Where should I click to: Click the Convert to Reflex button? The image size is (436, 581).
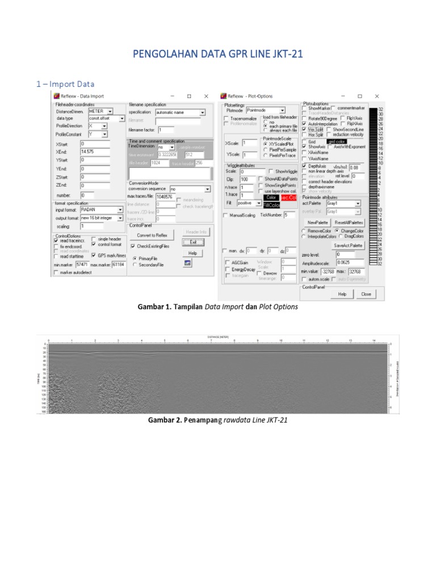point(152,235)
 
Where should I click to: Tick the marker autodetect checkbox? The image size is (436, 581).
point(56,272)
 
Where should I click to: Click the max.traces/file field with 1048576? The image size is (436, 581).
point(168,196)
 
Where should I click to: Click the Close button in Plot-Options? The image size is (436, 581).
point(366,294)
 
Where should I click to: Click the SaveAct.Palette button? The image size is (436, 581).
point(348,245)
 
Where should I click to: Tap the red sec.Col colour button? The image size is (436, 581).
point(289,197)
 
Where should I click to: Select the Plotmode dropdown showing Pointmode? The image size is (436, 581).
point(266,110)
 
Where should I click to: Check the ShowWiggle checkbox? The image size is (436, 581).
point(271,171)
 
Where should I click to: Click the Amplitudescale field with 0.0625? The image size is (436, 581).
point(350,263)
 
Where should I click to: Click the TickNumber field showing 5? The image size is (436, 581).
point(289,215)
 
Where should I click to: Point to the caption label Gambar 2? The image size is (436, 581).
point(165,420)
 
